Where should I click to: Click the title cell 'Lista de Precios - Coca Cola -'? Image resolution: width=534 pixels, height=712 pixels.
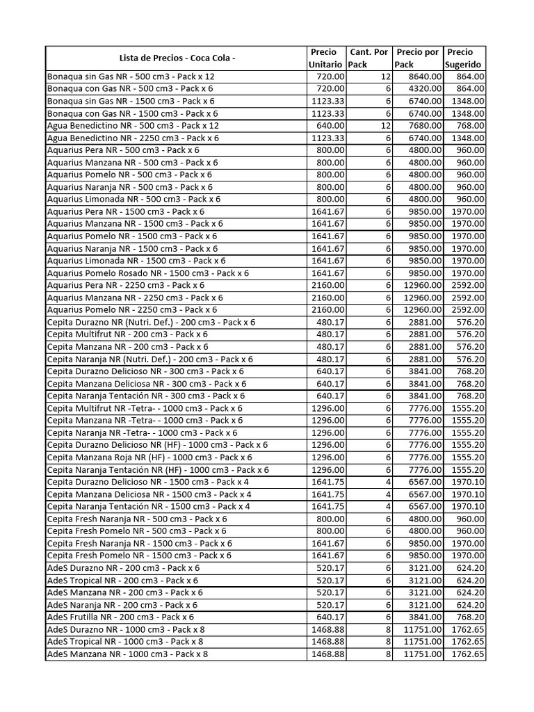(177, 58)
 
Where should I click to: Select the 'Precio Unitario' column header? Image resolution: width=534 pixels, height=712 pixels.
(326, 58)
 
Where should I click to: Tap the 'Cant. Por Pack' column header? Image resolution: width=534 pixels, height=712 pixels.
(369, 58)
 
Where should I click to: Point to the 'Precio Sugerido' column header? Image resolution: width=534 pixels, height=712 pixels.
(464, 58)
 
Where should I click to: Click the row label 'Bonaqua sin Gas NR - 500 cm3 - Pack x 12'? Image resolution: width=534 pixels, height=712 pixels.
(131, 76)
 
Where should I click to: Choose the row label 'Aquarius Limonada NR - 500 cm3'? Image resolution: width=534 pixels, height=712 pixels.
(133, 200)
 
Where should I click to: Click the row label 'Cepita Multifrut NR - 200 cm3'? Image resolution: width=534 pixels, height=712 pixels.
(127, 334)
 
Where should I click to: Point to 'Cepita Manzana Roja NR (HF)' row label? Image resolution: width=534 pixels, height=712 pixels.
(149, 458)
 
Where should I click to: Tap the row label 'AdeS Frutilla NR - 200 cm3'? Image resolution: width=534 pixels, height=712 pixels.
(120, 617)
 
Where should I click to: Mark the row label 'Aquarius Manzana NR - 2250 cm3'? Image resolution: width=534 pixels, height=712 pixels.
(135, 298)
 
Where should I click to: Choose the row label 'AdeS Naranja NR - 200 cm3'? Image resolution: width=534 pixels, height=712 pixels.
(122, 605)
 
